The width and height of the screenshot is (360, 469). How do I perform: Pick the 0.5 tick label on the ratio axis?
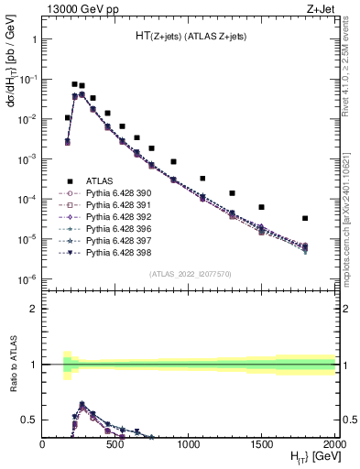pos(29,420)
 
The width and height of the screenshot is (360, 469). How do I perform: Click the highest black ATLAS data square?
pos(75,84)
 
